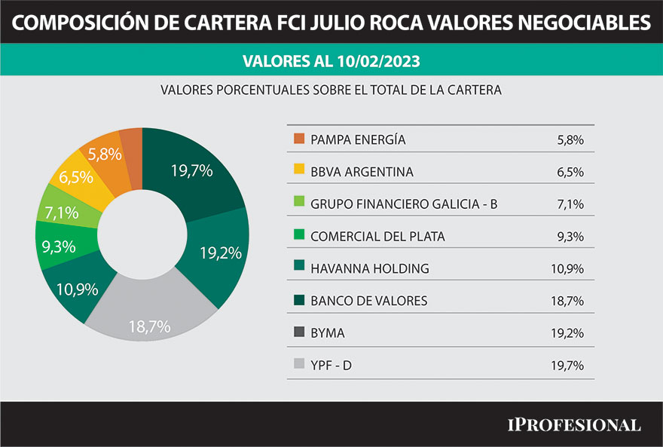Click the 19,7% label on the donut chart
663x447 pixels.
(191, 170)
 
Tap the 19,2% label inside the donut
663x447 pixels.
(221, 253)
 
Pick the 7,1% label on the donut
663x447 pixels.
(61, 213)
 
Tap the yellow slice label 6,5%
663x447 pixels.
(76, 178)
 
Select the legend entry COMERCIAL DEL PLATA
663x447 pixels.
(377, 237)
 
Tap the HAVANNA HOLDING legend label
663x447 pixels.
(369, 268)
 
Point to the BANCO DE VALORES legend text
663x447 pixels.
(368, 301)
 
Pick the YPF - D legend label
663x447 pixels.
(331, 366)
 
